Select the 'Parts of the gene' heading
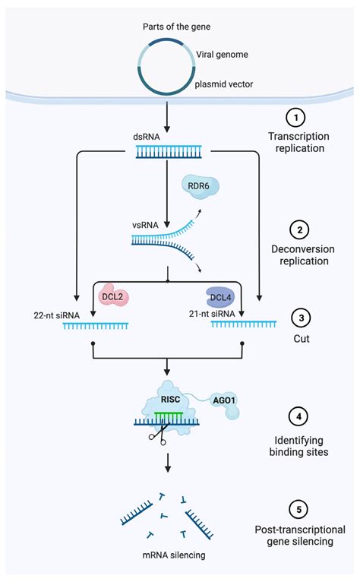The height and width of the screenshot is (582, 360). pos(177,27)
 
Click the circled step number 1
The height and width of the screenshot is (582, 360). pos(295,118)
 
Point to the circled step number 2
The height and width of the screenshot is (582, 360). pos(295,229)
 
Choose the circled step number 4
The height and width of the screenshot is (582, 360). pos(295,417)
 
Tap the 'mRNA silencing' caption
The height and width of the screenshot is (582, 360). pos(173,556)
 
